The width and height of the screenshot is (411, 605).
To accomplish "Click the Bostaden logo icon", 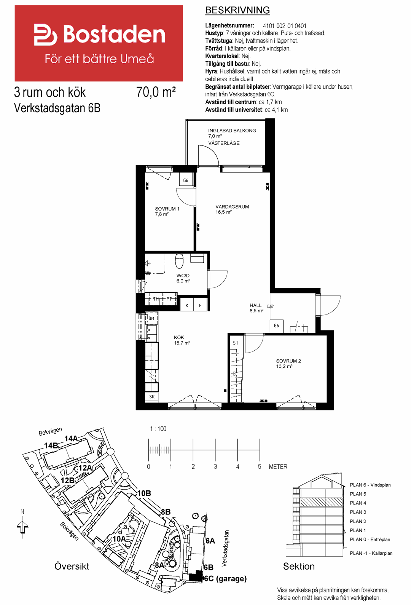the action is click(x=45, y=35).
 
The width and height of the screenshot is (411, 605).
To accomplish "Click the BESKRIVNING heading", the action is click(x=237, y=10).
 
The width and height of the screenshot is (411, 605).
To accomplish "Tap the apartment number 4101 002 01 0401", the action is click(x=284, y=26).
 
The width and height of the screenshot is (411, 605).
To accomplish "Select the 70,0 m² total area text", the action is click(x=156, y=92).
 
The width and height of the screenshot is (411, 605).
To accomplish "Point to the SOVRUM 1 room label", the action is click(x=167, y=209).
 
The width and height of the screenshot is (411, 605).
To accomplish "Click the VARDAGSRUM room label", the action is click(x=232, y=207).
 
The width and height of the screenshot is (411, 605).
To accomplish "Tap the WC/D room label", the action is click(x=183, y=276).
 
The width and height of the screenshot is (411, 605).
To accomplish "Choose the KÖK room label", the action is click(x=179, y=337).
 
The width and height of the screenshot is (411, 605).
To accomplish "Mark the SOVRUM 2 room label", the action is click(x=288, y=361).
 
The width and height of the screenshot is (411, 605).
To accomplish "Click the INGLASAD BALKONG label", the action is click(x=232, y=131).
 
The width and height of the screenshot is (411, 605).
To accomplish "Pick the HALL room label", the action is click(x=255, y=305).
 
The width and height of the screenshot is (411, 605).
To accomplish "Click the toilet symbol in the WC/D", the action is click(x=179, y=261).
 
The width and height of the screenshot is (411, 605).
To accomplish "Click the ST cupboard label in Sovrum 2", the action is click(x=236, y=343).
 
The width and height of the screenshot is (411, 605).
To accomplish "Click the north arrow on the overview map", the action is click(x=22, y=527).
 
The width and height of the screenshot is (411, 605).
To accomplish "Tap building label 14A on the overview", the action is click(x=71, y=439).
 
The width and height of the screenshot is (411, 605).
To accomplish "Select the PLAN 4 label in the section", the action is click(x=358, y=503).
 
